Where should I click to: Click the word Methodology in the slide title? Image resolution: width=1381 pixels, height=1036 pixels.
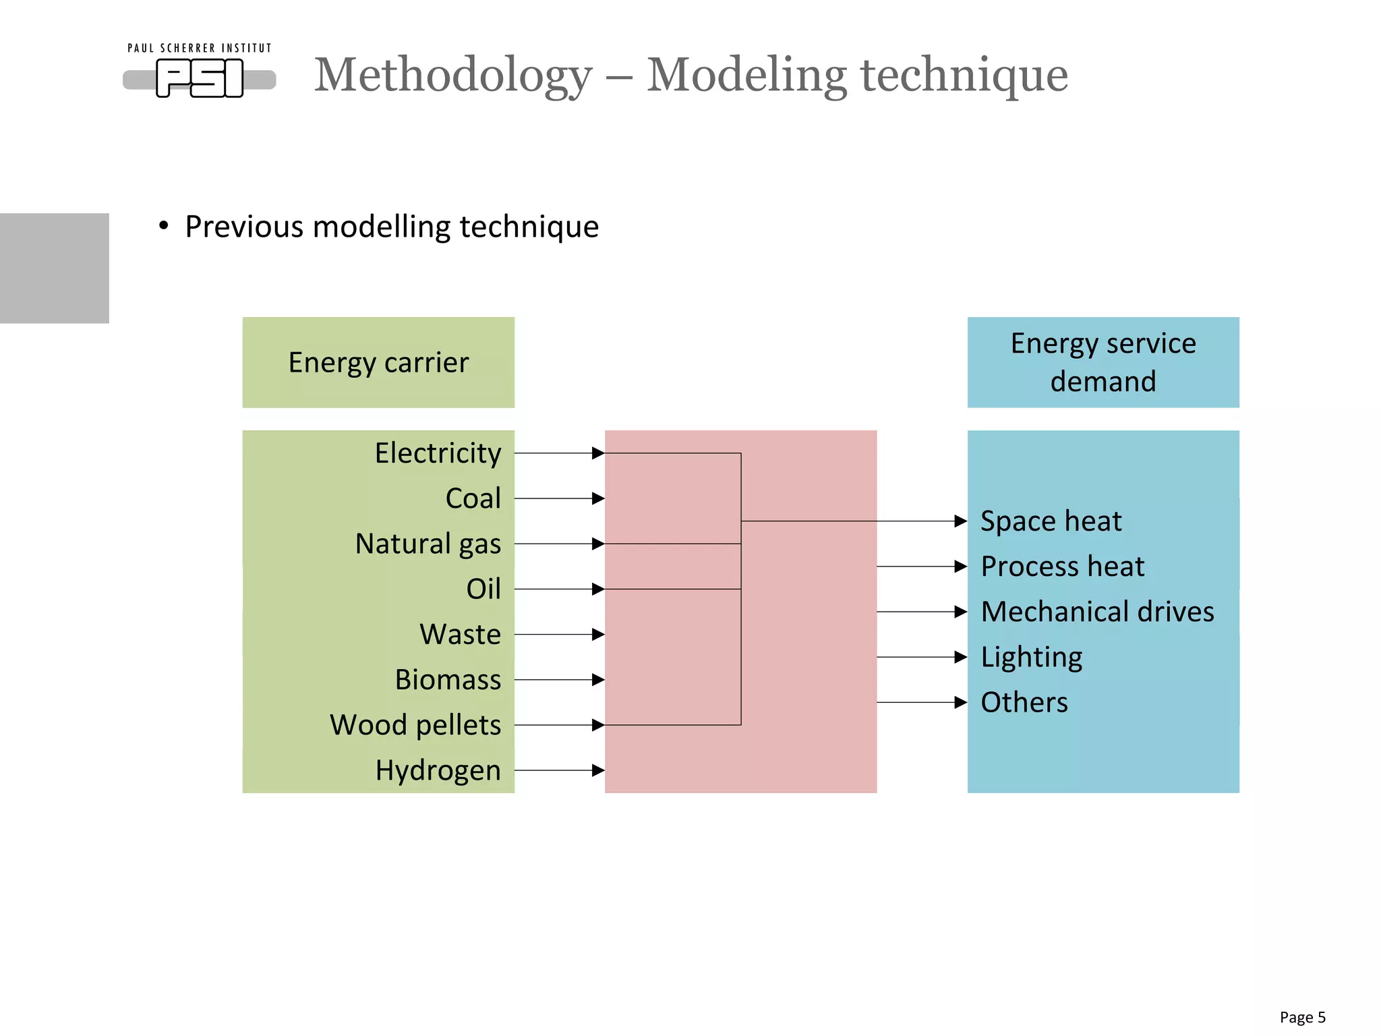(x=453, y=75)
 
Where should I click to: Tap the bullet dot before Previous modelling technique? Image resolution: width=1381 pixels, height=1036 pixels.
(x=164, y=226)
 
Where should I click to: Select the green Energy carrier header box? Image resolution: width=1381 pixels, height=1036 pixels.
(x=378, y=362)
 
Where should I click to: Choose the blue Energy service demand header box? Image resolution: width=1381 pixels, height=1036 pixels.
(x=1103, y=362)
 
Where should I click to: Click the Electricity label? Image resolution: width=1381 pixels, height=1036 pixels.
(x=438, y=453)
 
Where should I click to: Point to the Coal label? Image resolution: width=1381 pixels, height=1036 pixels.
(x=473, y=498)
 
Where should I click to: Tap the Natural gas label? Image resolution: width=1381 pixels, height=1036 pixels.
(x=428, y=544)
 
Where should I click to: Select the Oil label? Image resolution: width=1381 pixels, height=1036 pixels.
(x=483, y=589)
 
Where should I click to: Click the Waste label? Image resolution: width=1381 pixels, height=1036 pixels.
(x=461, y=634)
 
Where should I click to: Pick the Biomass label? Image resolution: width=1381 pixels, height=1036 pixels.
(x=448, y=679)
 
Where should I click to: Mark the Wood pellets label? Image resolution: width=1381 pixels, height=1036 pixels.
(x=415, y=725)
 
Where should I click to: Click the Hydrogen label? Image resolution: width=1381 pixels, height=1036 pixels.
(x=438, y=770)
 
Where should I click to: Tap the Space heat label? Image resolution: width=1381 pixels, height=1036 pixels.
(x=1051, y=521)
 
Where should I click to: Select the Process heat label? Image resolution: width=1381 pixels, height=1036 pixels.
(x=1063, y=567)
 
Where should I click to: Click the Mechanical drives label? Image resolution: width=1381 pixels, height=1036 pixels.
(x=1098, y=612)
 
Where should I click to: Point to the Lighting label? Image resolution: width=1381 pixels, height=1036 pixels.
(x=1032, y=657)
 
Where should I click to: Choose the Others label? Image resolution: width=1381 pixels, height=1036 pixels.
(x=1024, y=702)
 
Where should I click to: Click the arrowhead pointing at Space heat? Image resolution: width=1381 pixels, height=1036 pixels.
(x=961, y=521)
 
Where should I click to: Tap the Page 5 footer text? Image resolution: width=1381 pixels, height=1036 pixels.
(x=1302, y=1017)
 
